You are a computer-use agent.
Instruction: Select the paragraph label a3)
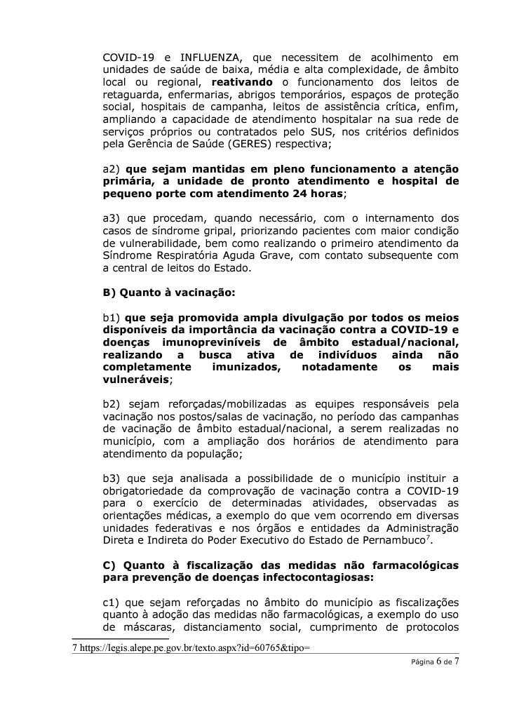pyautogui.click(x=112, y=218)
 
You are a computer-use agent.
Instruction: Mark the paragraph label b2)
pyautogui.click(x=112, y=404)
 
